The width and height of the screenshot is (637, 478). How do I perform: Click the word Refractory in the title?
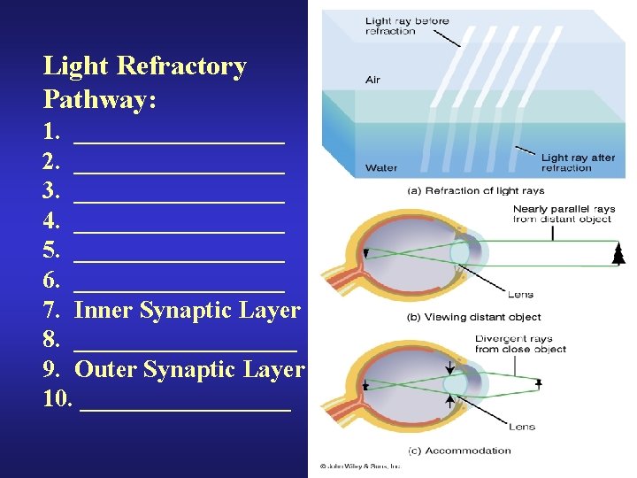pyautogui.click(x=183, y=67)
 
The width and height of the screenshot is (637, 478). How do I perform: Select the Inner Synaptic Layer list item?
pyautogui.click(x=188, y=310)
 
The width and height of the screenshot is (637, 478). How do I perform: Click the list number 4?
pyautogui.click(x=50, y=221)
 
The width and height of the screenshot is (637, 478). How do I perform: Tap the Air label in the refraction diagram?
pyautogui.click(x=373, y=81)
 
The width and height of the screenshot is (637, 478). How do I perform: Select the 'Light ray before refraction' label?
pyautogui.click(x=407, y=27)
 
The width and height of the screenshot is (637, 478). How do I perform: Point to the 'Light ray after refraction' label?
pyautogui.click(x=578, y=163)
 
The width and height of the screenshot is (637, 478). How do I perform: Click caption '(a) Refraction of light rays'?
pyautogui.click(x=475, y=190)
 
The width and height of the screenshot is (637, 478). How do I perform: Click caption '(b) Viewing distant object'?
pyautogui.click(x=473, y=317)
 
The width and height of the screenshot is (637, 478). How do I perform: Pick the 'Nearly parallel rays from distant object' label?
pyautogui.click(x=562, y=214)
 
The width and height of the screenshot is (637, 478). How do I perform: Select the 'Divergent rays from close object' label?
pyautogui.click(x=519, y=343)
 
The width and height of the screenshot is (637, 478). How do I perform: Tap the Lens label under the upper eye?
pyautogui.click(x=520, y=295)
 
